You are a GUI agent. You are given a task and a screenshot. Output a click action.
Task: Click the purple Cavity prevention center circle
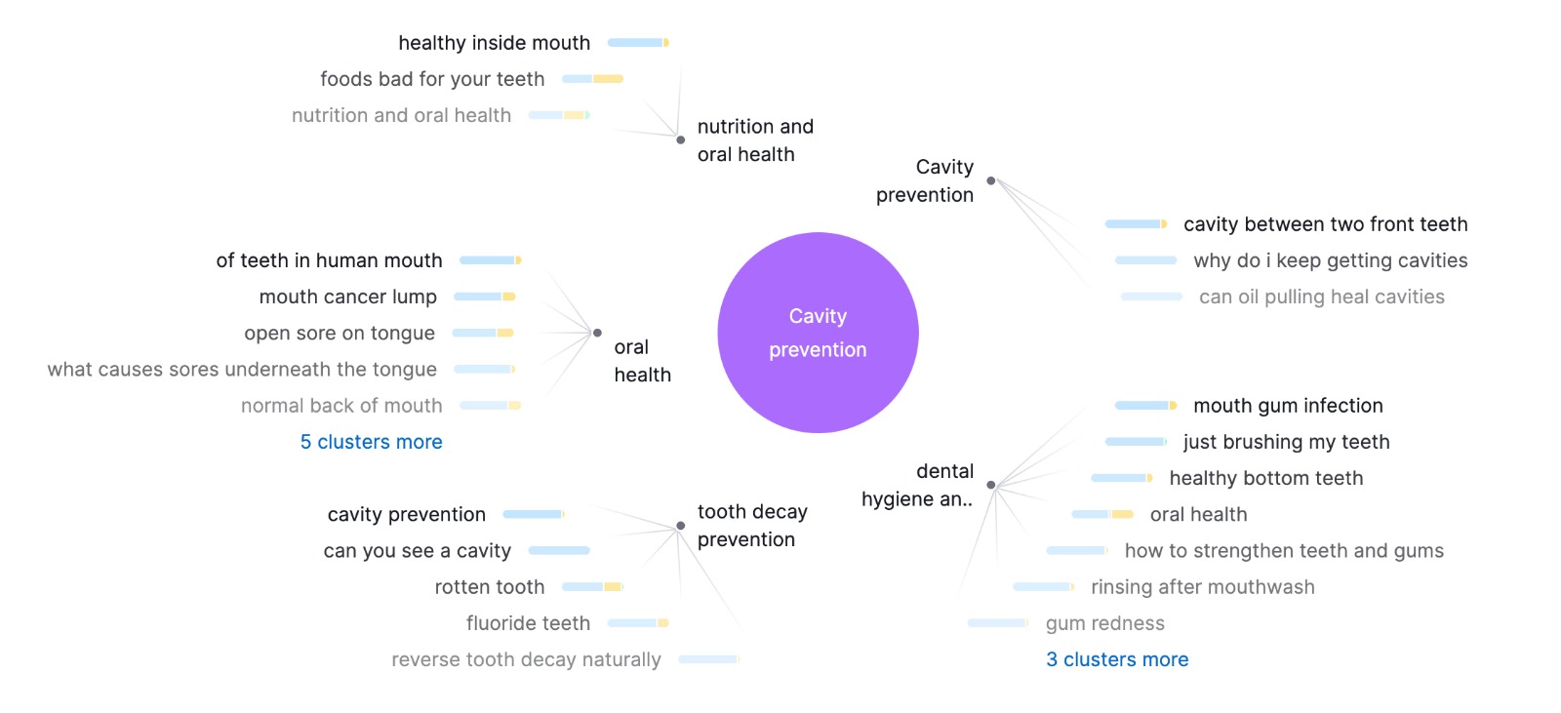818,333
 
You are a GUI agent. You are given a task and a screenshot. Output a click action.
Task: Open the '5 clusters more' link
371,442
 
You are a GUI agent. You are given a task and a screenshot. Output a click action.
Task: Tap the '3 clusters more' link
1117,659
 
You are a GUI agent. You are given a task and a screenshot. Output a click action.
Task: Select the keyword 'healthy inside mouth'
494,43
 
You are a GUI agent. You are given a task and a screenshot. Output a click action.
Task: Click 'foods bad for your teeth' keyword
432,79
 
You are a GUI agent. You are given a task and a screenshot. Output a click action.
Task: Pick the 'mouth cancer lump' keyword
347,297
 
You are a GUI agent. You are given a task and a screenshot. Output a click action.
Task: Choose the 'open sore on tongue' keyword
340,334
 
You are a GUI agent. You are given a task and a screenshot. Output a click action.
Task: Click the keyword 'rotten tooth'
489,587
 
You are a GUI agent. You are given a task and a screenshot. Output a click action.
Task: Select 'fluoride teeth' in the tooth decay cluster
528,623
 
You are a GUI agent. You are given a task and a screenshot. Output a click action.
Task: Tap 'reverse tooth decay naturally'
526,660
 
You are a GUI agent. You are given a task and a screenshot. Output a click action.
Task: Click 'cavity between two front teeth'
1325,224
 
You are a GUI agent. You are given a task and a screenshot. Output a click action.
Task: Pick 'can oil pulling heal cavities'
1321,297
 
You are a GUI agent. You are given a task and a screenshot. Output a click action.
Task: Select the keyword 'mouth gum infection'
1288,406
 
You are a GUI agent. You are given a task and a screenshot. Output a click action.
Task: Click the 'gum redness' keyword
1104,623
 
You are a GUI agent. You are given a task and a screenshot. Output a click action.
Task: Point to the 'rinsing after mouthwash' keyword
1202,587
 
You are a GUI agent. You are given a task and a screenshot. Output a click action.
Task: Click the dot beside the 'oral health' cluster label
597,333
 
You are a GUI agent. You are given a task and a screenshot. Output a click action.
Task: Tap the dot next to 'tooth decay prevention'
680,526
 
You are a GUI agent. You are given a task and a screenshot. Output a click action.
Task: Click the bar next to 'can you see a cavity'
559,551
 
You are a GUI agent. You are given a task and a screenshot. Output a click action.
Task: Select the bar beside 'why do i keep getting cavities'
1145,260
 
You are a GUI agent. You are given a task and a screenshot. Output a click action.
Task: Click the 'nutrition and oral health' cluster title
754,140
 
